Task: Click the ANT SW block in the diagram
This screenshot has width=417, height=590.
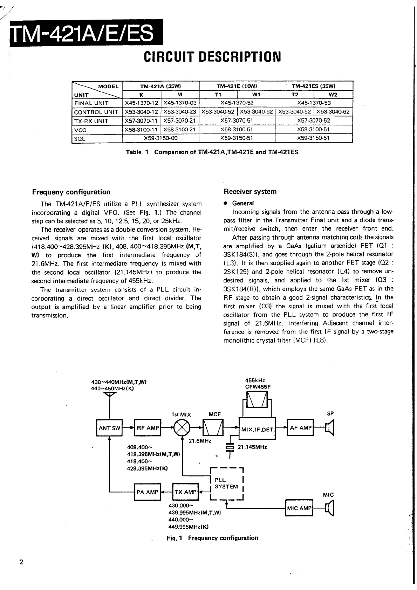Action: (x=109, y=428)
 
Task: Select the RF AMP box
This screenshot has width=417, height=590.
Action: (x=148, y=428)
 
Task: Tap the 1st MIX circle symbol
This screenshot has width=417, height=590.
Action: (x=182, y=428)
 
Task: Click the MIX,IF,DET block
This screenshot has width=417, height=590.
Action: (x=257, y=428)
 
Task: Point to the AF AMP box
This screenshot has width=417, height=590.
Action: (x=300, y=427)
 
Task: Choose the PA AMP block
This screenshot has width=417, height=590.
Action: (x=147, y=492)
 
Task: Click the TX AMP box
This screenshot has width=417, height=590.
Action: (x=185, y=492)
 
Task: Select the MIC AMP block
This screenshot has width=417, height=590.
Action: (x=299, y=508)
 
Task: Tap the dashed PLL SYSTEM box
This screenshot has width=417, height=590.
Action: (x=226, y=483)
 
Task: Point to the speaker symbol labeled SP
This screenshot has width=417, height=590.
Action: (x=330, y=428)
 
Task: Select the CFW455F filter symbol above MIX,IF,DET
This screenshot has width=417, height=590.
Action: (x=257, y=399)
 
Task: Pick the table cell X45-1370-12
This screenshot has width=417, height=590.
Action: (x=142, y=103)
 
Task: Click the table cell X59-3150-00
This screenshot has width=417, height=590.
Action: (x=161, y=138)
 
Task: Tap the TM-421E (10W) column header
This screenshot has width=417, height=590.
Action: (x=237, y=86)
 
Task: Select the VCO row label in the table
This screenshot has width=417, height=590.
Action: (x=80, y=130)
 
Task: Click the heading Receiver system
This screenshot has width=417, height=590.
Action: (x=250, y=192)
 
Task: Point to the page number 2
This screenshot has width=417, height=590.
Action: (x=21, y=562)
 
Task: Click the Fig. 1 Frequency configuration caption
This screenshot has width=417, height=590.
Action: (x=212, y=538)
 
